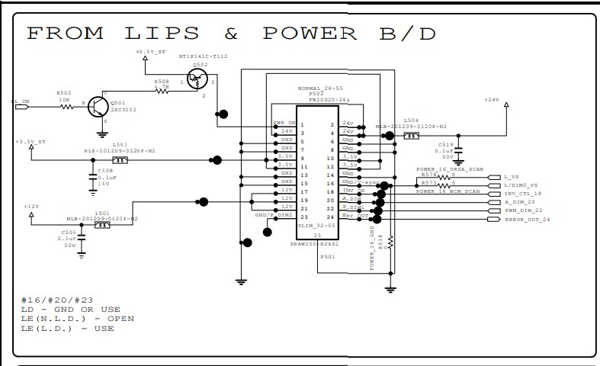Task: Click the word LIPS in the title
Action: [x=162, y=34]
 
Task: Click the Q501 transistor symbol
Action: [x=99, y=108]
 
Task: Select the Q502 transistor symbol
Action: [x=199, y=80]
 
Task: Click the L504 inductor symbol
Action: [x=412, y=136]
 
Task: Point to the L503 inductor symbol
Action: [x=119, y=161]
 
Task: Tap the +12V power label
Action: [x=31, y=207]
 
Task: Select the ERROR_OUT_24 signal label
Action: [x=527, y=220]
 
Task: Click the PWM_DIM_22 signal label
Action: [x=523, y=210]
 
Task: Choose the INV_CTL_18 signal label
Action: [x=522, y=193]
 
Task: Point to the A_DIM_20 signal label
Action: [x=520, y=202]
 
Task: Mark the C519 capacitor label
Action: [x=445, y=143]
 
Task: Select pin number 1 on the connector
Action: [x=303, y=124]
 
